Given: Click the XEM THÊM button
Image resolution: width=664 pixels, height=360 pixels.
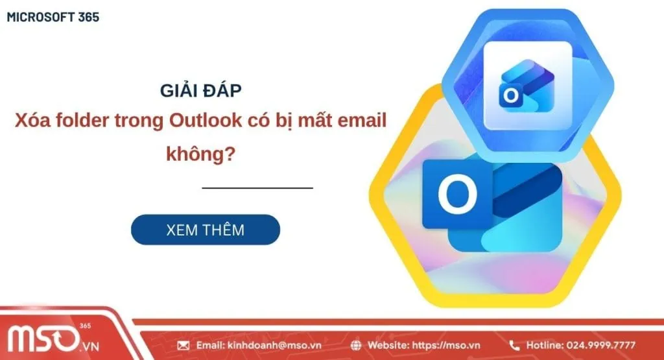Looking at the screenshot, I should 205,230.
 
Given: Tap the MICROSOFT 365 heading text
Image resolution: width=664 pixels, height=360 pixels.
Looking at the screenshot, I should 53,18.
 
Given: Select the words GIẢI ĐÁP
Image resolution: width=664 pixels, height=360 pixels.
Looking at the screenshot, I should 202,91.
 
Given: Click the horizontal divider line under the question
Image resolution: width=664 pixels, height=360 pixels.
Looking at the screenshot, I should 257,188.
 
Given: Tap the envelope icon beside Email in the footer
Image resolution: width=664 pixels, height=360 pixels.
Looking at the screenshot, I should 183,345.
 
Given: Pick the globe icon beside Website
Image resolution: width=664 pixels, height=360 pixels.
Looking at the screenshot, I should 357,345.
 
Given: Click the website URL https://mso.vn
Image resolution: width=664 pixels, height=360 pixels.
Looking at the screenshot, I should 450,345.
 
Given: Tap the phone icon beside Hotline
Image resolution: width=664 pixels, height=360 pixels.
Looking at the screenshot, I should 515,345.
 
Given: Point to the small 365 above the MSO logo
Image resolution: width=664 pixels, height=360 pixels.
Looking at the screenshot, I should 85,326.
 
